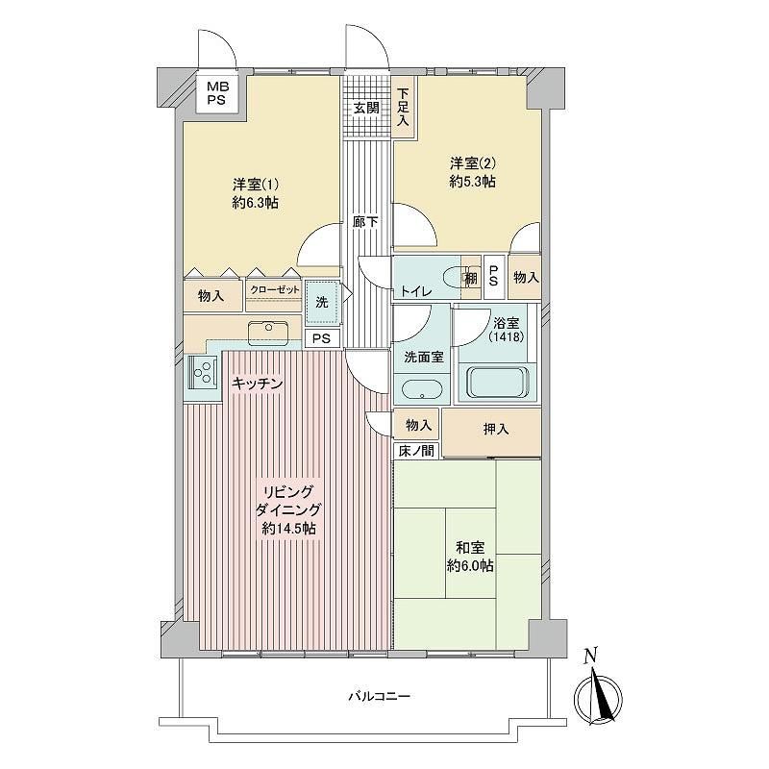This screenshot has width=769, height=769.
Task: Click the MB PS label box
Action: click(x=216, y=93)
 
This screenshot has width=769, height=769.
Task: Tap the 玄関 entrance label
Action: click(x=367, y=108)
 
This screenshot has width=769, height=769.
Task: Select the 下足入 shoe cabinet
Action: click(x=403, y=108)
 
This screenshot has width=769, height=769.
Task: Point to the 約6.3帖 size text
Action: click(x=255, y=203)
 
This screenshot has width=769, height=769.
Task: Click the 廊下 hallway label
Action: click(x=365, y=222)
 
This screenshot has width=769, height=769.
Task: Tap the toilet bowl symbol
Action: click(x=455, y=278)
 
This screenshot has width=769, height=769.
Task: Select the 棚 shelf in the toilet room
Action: click(x=471, y=278)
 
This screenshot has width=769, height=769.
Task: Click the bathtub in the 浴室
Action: click(x=498, y=382)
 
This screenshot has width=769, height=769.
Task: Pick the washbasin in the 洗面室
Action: click(x=422, y=390)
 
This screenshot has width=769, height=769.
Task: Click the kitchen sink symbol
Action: click(x=268, y=333)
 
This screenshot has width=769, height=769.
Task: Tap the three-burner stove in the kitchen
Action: click(x=203, y=371)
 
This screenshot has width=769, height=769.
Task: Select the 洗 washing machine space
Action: click(x=322, y=302)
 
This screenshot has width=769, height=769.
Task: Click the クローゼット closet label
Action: click(x=275, y=290)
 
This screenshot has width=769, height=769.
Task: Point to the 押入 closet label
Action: click(x=496, y=430)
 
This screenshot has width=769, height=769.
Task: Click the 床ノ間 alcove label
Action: click(x=416, y=451)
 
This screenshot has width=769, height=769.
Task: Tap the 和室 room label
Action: click(x=470, y=547)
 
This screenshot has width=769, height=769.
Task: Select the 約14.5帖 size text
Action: click(x=289, y=529)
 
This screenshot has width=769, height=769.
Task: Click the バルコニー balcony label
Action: click(x=379, y=696)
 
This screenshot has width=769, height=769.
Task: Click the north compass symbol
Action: click(x=598, y=693)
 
